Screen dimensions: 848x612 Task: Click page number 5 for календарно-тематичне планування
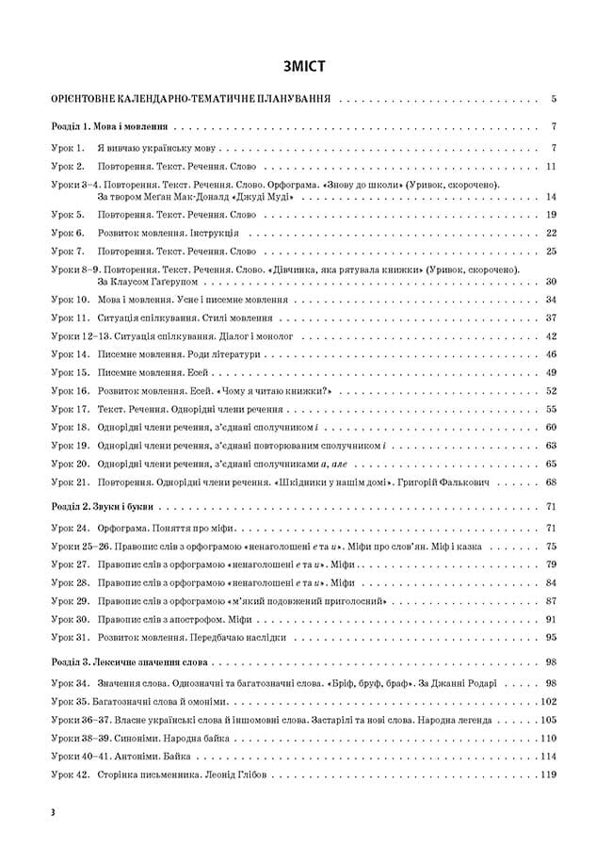click(555, 98)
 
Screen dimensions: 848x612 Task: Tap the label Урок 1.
click(68, 147)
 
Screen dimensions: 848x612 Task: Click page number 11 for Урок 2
click(552, 166)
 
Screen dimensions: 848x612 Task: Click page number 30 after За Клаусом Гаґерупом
click(552, 281)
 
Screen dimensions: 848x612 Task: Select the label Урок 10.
click(70, 300)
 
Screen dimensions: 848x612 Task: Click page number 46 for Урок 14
click(552, 354)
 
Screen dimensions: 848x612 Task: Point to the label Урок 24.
click(70, 528)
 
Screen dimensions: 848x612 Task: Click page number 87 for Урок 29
click(552, 600)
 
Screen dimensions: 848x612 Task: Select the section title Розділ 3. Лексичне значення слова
click(131, 661)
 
